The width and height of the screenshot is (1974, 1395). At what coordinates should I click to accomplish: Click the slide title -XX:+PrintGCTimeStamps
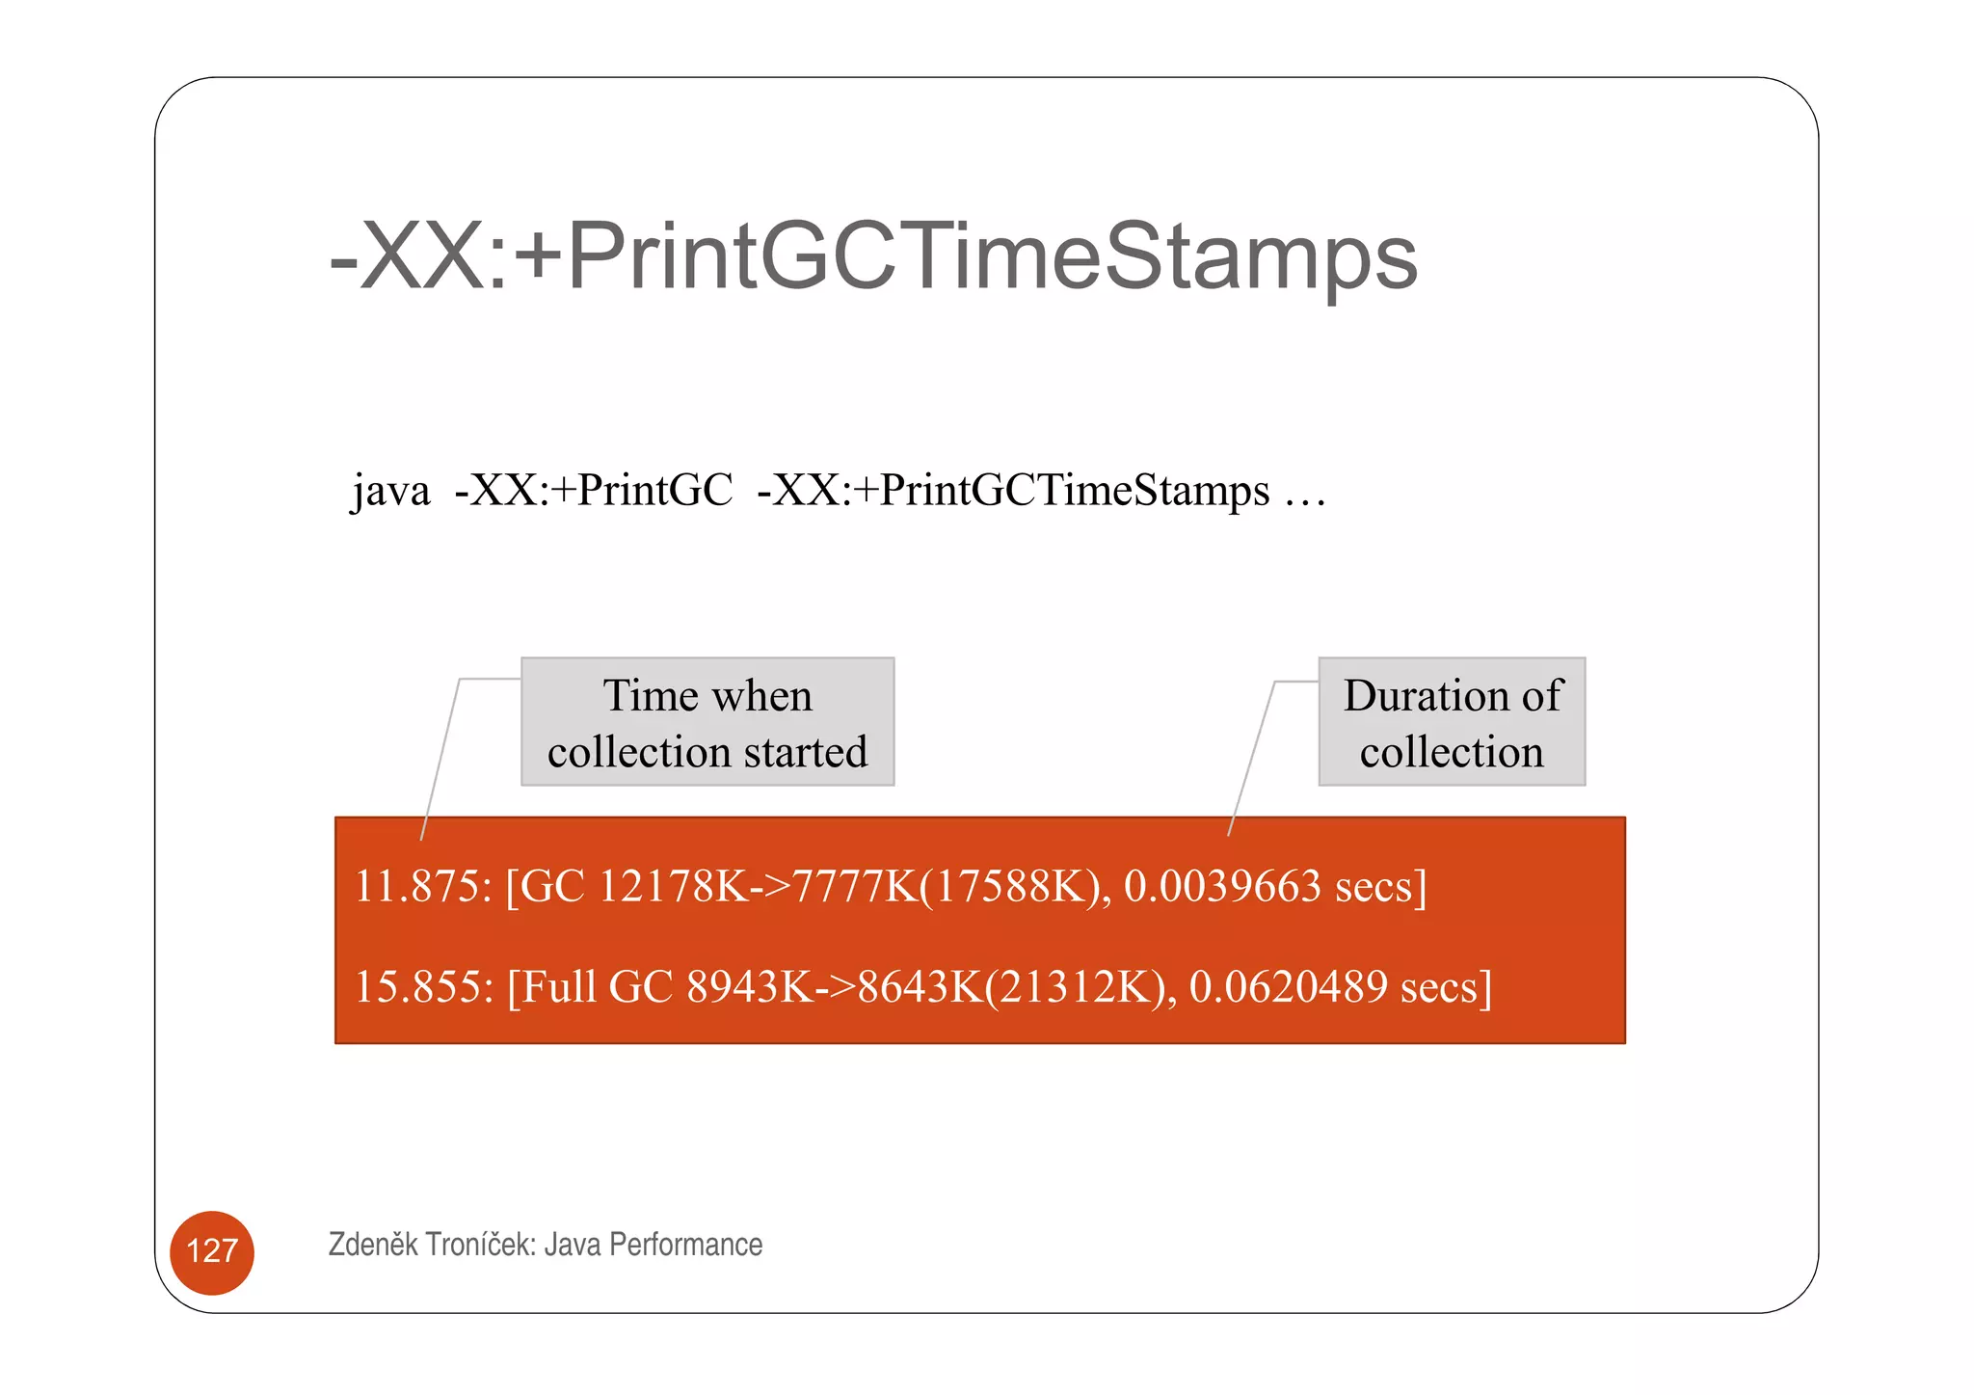point(872,255)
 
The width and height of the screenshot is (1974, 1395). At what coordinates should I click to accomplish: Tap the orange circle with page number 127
point(212,1251)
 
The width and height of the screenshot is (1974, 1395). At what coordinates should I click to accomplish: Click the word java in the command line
point(390,491)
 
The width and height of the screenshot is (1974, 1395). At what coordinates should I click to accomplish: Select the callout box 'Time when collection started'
point(707,722)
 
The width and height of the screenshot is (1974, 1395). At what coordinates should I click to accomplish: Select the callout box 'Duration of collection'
point(1452,722)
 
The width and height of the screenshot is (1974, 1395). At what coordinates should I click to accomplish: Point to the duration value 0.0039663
point(1222,886)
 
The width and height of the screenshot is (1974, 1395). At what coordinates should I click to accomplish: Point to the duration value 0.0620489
point(1288,986)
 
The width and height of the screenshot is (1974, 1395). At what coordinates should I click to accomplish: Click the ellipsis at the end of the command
point(1305,493)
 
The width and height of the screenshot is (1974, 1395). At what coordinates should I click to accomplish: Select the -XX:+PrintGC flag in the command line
point(594,491)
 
